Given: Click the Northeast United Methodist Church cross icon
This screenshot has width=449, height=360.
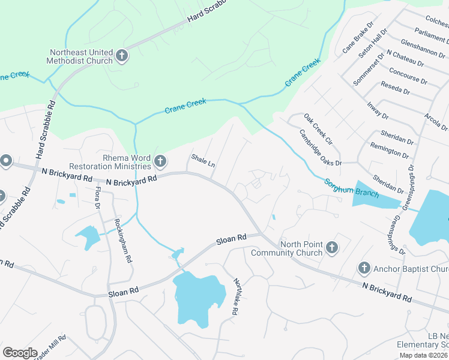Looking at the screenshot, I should (121, 56).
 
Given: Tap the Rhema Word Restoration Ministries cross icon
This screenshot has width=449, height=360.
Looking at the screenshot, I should (160, 161).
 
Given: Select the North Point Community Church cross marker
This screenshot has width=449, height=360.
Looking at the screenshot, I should (331, 247).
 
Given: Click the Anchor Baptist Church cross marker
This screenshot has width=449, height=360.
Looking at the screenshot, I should (364, 268).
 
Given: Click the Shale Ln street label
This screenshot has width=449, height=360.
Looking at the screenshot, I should (203, 161).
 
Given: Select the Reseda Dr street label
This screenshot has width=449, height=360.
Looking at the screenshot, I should (399, 88).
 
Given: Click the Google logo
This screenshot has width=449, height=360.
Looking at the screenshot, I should (20, 353).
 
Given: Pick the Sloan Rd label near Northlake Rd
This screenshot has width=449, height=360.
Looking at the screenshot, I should (232, 239).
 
